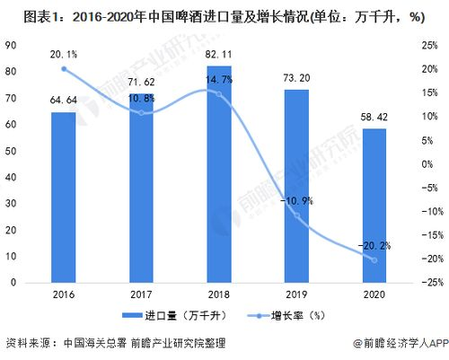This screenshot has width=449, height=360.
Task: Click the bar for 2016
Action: [x=63, y=198]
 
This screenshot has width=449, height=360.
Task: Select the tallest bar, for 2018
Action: [x=219, y=175]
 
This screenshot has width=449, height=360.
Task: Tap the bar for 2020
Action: [x=374, y=206]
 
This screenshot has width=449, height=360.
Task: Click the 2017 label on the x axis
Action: [x=141, y=294]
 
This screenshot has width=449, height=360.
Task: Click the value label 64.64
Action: [x=63, y=101]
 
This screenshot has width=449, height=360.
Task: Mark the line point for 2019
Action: [x=297, y=215]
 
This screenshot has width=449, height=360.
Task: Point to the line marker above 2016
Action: [x=63, y=69]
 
